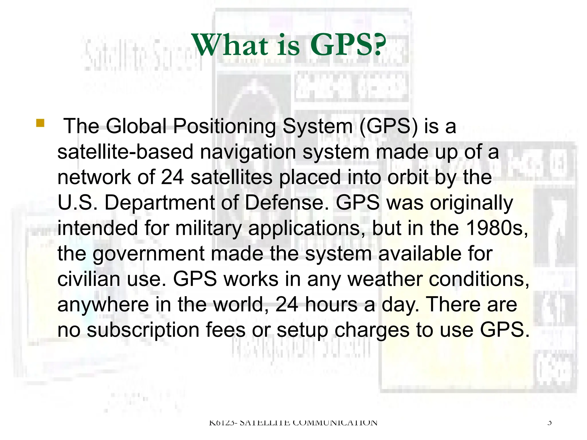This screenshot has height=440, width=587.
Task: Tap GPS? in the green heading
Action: [348, 45]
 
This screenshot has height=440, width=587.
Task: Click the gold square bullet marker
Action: [40, 123]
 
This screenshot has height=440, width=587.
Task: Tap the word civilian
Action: [89, 279]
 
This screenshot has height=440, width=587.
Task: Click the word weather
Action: [385, 279]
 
